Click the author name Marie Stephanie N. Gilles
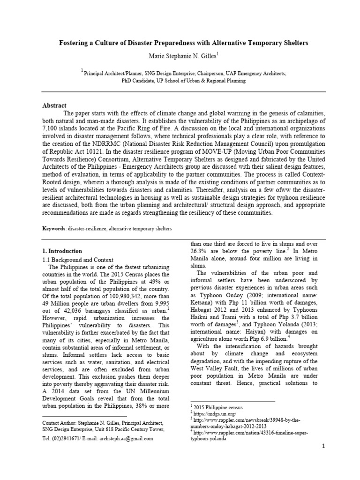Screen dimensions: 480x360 pos(178,57)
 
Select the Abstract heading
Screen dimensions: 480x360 pos(54,106)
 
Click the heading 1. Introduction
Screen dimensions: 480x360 pos(62,251)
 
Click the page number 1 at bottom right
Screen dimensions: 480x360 pos(323,446)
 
